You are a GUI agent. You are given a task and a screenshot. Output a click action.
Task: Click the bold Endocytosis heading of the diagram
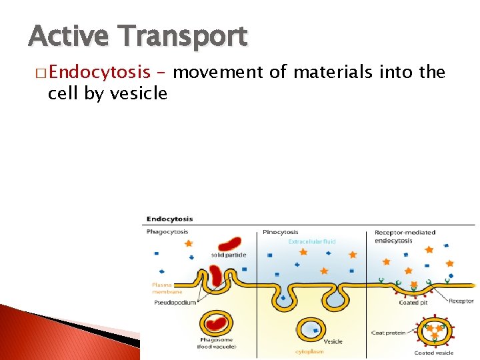tap(169, 218)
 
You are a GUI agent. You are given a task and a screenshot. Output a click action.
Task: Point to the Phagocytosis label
tap(167, 232)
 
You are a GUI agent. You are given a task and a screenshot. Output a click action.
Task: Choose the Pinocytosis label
tap(281, 232)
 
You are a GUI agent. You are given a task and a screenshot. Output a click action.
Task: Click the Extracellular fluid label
tap(311, 241)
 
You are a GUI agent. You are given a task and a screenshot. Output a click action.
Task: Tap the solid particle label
tap(229, 255)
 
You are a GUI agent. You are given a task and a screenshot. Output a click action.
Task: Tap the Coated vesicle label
tap(433, 353)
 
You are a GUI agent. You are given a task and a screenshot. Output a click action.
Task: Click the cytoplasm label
tap(310, 351)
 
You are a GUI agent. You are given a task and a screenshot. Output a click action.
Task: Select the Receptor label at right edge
tap(461, 301)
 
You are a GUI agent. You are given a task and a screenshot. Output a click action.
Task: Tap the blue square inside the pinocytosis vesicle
tap(309, 328)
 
